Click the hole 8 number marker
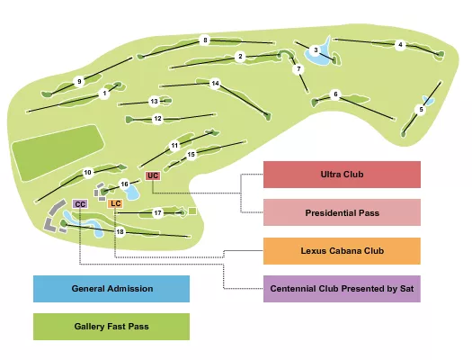(205, 40)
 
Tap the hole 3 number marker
(316, 50)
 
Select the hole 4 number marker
(401, 45)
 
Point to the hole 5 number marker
(420, 110)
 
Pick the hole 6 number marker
(335, 94)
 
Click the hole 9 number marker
(79, 82)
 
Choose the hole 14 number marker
(216, 84)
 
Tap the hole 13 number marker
(154, 102)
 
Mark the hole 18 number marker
(120, 232)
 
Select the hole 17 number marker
(157, 213)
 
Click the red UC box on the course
(152, 175)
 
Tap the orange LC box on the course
(115, 204)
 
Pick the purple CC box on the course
(80, 205)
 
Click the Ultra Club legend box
(342, 175)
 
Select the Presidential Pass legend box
(342, 212)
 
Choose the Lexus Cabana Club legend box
(342, 250)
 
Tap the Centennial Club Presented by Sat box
(342, 289)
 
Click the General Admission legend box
(111, 289)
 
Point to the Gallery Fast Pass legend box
(111, 327)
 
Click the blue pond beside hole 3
(317, 59)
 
